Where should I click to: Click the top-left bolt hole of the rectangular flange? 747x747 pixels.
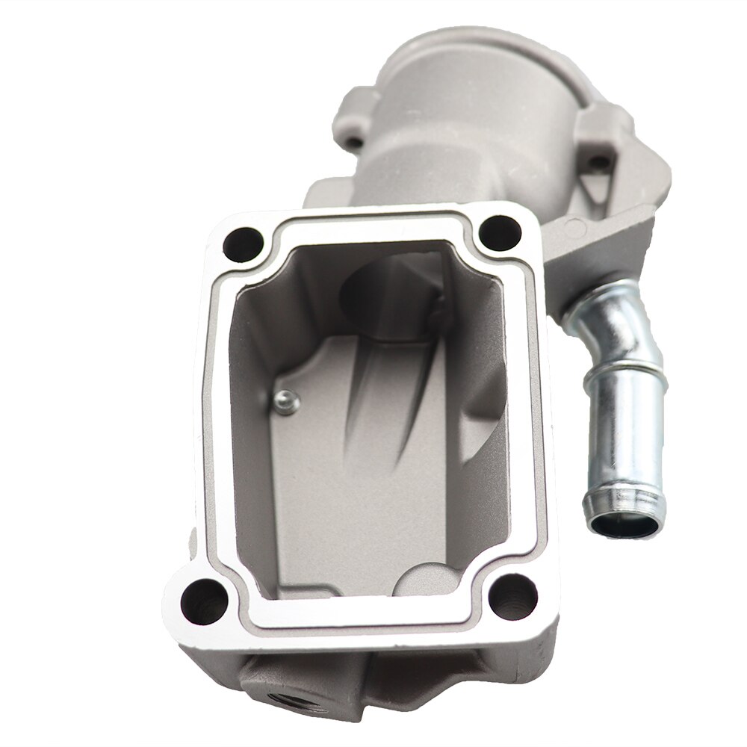[x=244, y=243]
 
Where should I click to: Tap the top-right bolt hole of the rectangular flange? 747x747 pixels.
[x=500, y=232]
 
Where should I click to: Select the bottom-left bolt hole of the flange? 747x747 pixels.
[x=202, y=598]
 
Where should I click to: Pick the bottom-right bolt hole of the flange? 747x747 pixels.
[x=513, y=596]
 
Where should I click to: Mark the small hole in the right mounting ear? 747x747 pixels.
[x=598, y=161]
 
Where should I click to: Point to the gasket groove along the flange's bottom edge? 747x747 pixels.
[x=359, y=619]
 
